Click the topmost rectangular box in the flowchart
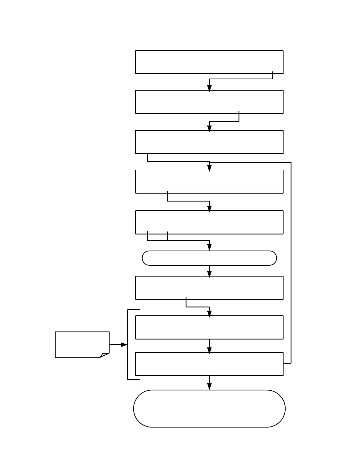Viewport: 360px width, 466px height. [x=209, y=62]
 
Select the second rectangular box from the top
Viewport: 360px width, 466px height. [x=209, y=102]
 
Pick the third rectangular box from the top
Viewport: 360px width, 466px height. [x=209, y=142]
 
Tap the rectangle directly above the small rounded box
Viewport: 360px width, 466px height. [x=209, y=222]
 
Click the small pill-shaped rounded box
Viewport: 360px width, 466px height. [x=209, y=258]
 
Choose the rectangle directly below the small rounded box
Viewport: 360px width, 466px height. [x=209, y=288]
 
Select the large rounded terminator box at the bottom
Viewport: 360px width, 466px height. [x=209, y=408]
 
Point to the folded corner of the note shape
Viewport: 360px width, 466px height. [x=105, y=355]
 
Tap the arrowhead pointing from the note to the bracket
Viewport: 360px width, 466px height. [x=124, y=345]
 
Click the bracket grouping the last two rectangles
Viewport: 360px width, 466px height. [x=128, y=344]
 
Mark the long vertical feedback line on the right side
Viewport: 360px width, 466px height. [x=291, y=262]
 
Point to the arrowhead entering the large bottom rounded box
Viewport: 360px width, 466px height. [x=209, y=387]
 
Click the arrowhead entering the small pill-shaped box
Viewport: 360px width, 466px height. [x=209, y=247]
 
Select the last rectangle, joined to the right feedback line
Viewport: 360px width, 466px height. [x=209, y=364]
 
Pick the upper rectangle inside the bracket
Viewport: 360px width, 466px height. [x=209, y=327]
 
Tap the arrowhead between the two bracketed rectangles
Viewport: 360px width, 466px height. [x=209, y=350]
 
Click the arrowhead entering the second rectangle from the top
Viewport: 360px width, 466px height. [x=209, y=88]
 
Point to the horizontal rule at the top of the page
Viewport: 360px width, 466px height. [x=180, y=24]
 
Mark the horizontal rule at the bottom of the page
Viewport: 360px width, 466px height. [x=180, y=442]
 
